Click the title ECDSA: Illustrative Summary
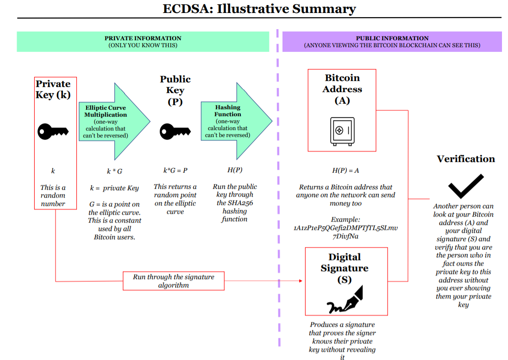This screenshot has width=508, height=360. (259, 9)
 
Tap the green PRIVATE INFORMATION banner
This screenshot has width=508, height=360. (143, 42)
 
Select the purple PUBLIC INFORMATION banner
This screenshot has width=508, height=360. (392, 42)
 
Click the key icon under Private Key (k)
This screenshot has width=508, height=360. (53, 132)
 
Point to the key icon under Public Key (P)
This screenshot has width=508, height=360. (175, 132)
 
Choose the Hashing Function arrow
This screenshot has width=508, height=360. (234, 122)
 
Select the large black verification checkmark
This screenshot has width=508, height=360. (465, 186)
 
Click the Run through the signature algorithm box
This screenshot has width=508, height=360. (174, 281)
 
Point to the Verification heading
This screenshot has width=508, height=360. (465, 159)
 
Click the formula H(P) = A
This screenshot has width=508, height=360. (345, 171)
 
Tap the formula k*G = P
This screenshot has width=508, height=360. (175, 170)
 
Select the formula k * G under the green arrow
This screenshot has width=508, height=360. (114, 171)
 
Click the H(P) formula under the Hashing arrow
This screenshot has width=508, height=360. (234, 170)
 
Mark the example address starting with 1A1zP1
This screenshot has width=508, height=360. (345, 232)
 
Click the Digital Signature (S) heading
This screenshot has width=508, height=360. (345, 268)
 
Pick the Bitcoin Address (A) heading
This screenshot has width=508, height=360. (342, 89)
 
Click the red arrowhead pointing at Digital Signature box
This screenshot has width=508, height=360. (301, 281)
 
